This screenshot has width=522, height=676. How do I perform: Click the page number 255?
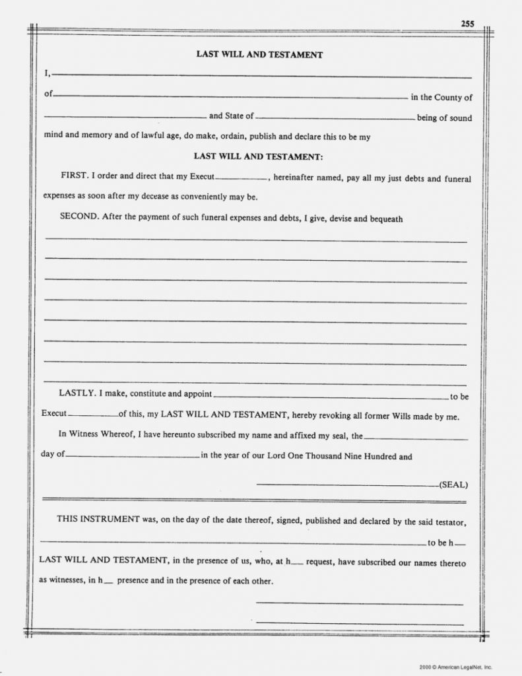467,24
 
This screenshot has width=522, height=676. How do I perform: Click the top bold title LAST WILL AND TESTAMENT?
259,55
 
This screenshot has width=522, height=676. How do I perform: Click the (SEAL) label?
453,485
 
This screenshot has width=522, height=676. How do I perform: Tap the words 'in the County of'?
441,98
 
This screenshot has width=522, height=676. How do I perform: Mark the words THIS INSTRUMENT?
98,519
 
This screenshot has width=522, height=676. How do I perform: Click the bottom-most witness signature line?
359,623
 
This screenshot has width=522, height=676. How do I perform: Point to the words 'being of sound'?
444,118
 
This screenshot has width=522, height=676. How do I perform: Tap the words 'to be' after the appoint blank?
459,397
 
